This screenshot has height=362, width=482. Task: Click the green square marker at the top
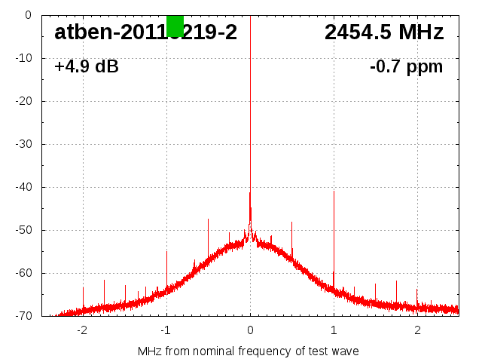click(x=175, y=25)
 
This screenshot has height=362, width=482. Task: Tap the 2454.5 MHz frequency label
click(x=384, y=32)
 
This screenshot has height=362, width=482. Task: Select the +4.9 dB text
click(x=86, y=67)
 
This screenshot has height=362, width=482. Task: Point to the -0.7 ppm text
click(x=406, y=67)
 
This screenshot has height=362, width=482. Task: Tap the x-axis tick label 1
click(x=334, y=330)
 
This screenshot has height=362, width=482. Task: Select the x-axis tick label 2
click(x=417, y=330)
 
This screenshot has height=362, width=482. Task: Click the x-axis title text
click(x=249, y=351)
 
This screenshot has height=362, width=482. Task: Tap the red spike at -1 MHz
click(x=166, y=268)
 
